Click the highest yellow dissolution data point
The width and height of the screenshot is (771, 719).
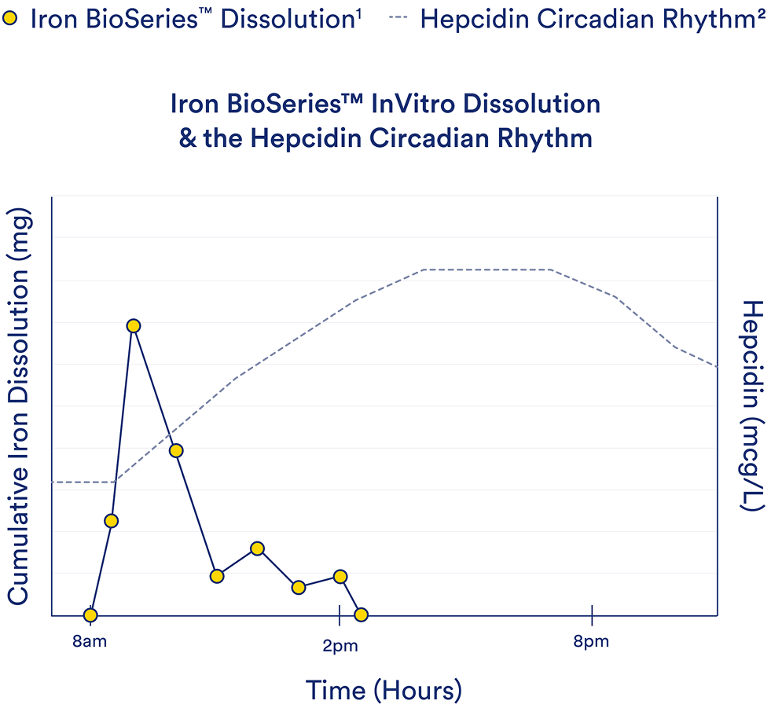click(134, 326)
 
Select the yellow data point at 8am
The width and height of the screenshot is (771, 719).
click(90, 614)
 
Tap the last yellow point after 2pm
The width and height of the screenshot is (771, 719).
click(361, 614)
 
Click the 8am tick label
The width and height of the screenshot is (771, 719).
click(90, 641)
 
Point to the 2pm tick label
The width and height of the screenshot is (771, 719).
click(340, 646)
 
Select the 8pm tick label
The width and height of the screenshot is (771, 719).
click(591, 642)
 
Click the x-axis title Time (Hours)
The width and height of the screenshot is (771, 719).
click(384, 691)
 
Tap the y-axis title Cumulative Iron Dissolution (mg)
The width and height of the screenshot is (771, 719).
click(19, 406)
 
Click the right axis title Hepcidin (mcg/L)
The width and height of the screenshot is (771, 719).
click(753, 406)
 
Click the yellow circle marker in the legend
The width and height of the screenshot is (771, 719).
click(9, 19)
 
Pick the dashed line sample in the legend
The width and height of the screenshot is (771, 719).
click(398, 18)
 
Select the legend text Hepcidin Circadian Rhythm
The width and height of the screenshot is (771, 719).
click(593, 19)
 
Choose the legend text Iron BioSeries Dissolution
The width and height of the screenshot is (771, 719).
click(195, 19)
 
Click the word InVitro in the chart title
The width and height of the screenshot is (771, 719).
click(413, 104)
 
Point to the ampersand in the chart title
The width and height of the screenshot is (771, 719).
click(187, 138)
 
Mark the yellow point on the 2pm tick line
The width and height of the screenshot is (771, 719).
click(340, 577)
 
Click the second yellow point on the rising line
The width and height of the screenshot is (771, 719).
click(111, 521)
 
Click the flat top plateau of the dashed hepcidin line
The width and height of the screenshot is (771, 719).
click(486, 270)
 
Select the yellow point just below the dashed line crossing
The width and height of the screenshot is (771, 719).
click(176, 450)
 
